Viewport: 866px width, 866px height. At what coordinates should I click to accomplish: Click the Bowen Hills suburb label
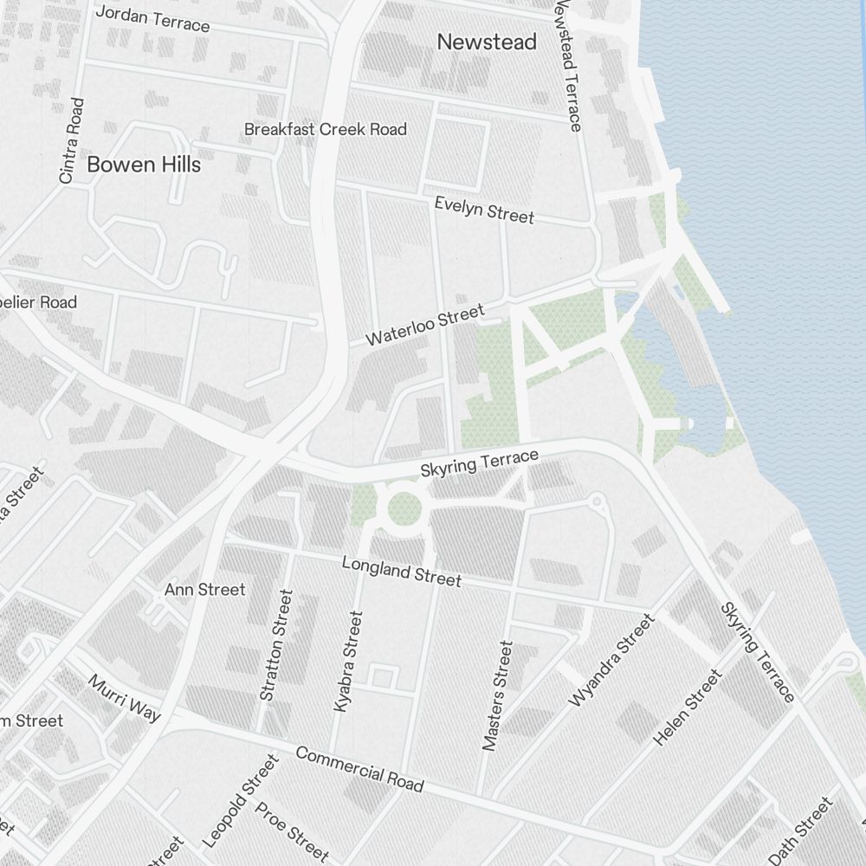click(144, 165)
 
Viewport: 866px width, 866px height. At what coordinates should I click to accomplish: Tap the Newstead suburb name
click(487, 42)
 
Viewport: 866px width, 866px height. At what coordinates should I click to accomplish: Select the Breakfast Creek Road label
click(325, 129)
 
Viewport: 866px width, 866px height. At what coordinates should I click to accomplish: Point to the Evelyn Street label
click(484, 210)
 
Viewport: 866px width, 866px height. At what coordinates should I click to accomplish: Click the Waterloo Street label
click(424, 326)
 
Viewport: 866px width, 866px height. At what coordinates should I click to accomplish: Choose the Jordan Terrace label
click(152, 18)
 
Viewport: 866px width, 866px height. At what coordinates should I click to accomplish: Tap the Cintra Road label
click(72, 140)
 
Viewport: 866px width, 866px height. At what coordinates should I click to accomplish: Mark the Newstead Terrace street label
click(567, 65)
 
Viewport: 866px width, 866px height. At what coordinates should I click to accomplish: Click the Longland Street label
click(401, 572)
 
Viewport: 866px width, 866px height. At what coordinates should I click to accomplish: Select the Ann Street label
click(205, 590)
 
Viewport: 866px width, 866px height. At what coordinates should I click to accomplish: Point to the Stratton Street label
click(277, 645)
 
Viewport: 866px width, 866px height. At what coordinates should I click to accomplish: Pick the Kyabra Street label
click(348, 662)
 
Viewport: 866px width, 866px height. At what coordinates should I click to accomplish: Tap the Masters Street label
click(498, 695)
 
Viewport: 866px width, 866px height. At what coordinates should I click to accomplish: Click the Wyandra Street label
click(611, 660)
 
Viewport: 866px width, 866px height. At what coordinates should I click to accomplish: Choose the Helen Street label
click(687, 708)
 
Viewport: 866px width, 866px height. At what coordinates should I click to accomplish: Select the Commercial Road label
click(359, 768)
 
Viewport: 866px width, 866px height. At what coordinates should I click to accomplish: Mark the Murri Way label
click(124, 698)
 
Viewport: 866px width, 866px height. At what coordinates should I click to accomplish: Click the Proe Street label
click(292, 831)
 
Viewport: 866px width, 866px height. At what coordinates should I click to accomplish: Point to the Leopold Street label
click(241, 801)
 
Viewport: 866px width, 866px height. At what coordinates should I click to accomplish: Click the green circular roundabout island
click(404, 508)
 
